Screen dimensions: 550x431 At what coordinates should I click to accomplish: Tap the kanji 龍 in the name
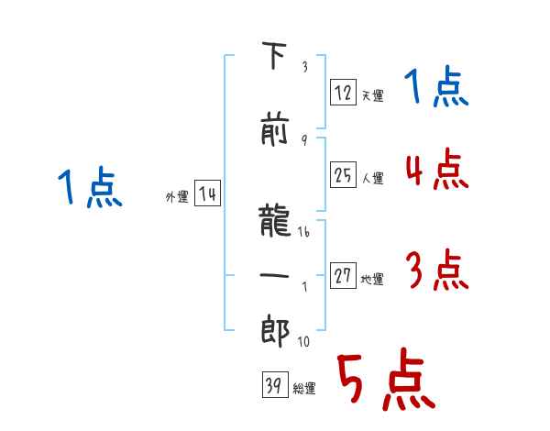click(x=275, y=220)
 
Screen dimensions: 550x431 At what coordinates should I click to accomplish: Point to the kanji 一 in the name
click(x=275, y=275)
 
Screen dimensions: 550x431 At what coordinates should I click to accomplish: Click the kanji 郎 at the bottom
click(x=275, y=331)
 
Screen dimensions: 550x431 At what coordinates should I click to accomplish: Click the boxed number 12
click(x=343, y=92)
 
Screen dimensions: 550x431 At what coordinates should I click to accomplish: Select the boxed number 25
click(x=343, y=174)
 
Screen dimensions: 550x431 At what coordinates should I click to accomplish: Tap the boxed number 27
click(x=343, y=275)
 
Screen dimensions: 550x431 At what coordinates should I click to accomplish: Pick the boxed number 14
click(x=207, y=193)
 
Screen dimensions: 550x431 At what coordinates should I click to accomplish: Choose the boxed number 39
click(x=275, y=384)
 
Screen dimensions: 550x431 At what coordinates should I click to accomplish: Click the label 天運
click(x=373, y=95)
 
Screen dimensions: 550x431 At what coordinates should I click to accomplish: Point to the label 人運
click(x=373, y=178)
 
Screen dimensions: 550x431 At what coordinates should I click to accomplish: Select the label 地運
click(x=372, y=280)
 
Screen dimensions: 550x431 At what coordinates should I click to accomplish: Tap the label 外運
click(x=177, y=197)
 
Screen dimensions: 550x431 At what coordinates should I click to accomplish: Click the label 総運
click(x=304, y=389)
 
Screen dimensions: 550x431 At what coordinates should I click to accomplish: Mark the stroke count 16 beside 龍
click(x=303, y=232)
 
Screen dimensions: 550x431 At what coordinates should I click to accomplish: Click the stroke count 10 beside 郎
click(x=303, y=341)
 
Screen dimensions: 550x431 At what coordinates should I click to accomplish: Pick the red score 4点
click(x=437, y=169)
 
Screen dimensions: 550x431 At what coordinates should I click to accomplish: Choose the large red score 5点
click(x=386, y=379)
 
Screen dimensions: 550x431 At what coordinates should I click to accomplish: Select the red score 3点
click(x=437, y=270)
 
